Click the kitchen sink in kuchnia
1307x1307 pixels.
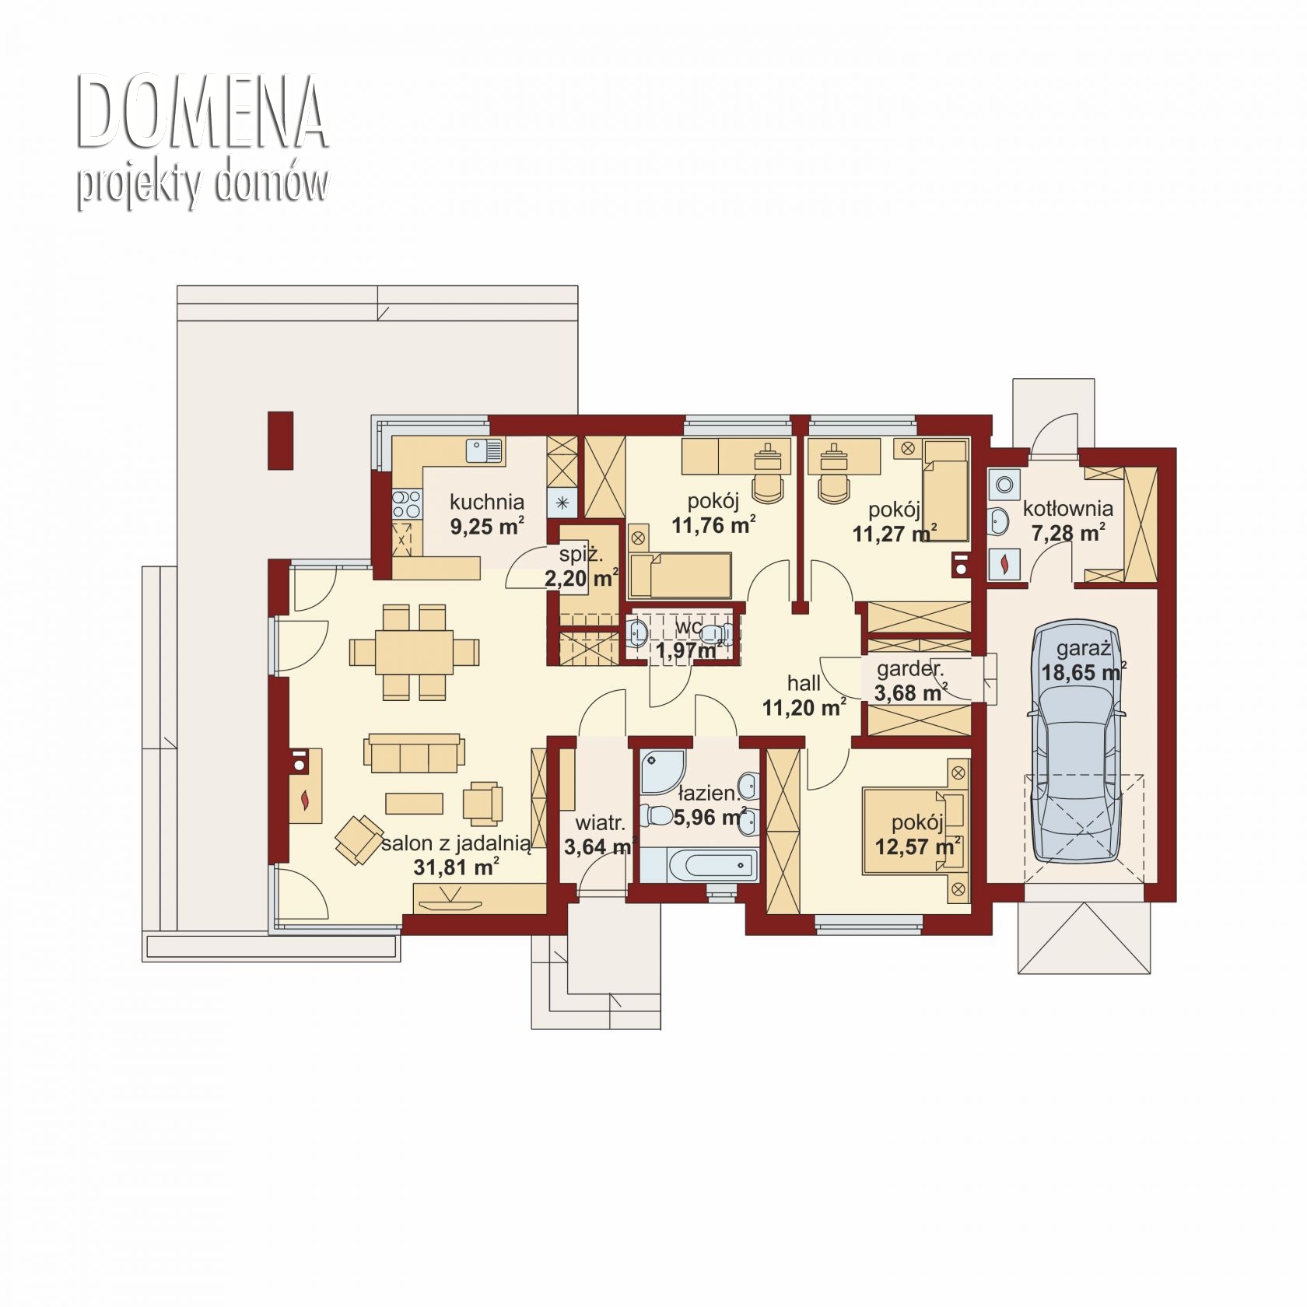point(485,450)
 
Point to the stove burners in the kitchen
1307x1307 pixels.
point(405,503)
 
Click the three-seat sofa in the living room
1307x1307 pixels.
point(415,752)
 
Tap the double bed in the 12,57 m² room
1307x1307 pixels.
point(916,831)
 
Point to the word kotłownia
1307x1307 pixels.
point(1067,509)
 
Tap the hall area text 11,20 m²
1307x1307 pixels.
point(804,707)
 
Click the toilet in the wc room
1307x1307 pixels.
point(636,634)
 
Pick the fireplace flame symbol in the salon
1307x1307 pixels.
point(307,800)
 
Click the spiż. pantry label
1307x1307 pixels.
point(580,555)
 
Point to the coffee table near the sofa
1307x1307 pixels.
point(414,803)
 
